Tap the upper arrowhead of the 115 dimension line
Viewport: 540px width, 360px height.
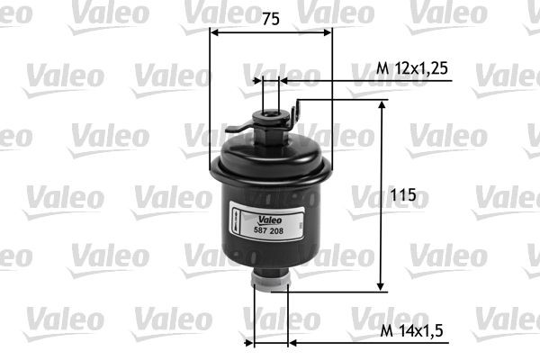(382, 105)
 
